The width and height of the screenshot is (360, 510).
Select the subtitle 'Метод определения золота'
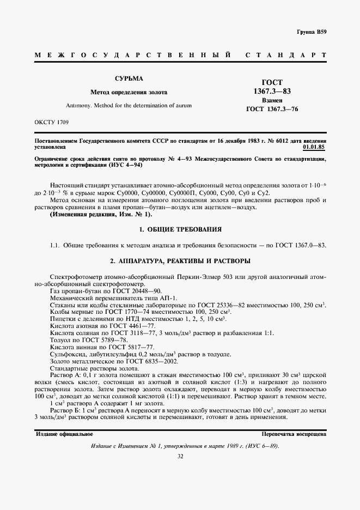[129, 92]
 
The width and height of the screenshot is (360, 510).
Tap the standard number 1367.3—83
[272, 91]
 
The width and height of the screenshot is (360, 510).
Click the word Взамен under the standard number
[272, 101]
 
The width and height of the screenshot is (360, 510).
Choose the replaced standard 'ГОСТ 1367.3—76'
[272, 110]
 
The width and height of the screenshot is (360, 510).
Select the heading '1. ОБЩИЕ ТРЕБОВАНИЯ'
[179, 229]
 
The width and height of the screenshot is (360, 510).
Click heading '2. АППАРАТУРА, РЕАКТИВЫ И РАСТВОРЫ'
[179, 261]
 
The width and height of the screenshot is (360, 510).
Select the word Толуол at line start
[59, 339]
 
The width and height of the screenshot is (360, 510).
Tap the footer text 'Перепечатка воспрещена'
[294, 435]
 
